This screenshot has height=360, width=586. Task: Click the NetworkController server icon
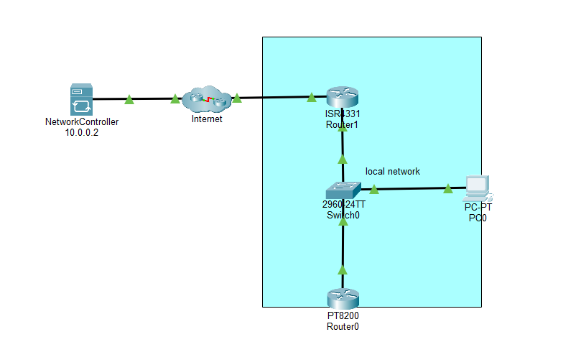81,100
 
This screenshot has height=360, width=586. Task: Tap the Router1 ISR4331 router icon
342,98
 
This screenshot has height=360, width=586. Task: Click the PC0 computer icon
477,187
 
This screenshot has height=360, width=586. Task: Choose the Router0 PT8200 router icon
342,298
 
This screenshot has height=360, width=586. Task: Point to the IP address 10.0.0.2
81,132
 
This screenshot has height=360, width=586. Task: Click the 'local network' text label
393,172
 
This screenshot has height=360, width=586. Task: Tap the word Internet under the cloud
207,119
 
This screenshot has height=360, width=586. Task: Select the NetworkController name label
81,122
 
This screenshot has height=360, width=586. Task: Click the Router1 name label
342,125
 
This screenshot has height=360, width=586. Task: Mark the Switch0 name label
343,215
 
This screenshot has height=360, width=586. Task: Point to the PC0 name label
478,217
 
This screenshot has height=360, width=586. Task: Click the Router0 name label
342,326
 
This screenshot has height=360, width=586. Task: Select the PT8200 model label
342,316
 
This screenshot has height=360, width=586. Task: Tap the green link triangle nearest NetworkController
129,100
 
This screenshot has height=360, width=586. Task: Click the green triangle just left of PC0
448,189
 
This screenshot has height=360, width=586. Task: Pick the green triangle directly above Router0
343,270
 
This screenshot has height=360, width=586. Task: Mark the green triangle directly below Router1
343,159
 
